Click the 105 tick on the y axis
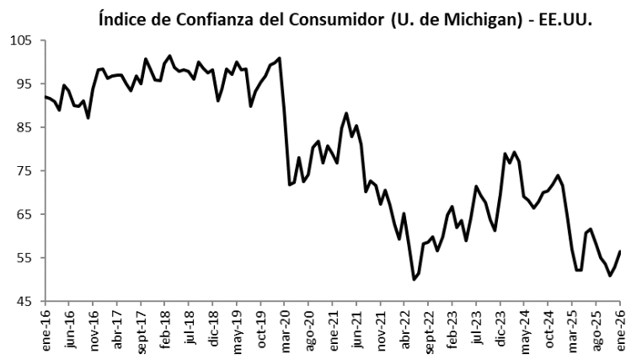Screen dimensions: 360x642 click(x=21, y=40)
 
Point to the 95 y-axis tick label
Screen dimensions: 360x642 click(x=24, y=83)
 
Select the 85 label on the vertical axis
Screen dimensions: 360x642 click(x=24, y=127)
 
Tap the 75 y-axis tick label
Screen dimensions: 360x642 click(x=24, y=171)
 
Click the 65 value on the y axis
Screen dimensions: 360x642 click(x=24, y=214)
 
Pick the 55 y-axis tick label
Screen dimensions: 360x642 click(x=24, y=258)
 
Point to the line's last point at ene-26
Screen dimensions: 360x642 click(x=621, y=251)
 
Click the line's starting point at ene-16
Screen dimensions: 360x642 click(x=44, y=97)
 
